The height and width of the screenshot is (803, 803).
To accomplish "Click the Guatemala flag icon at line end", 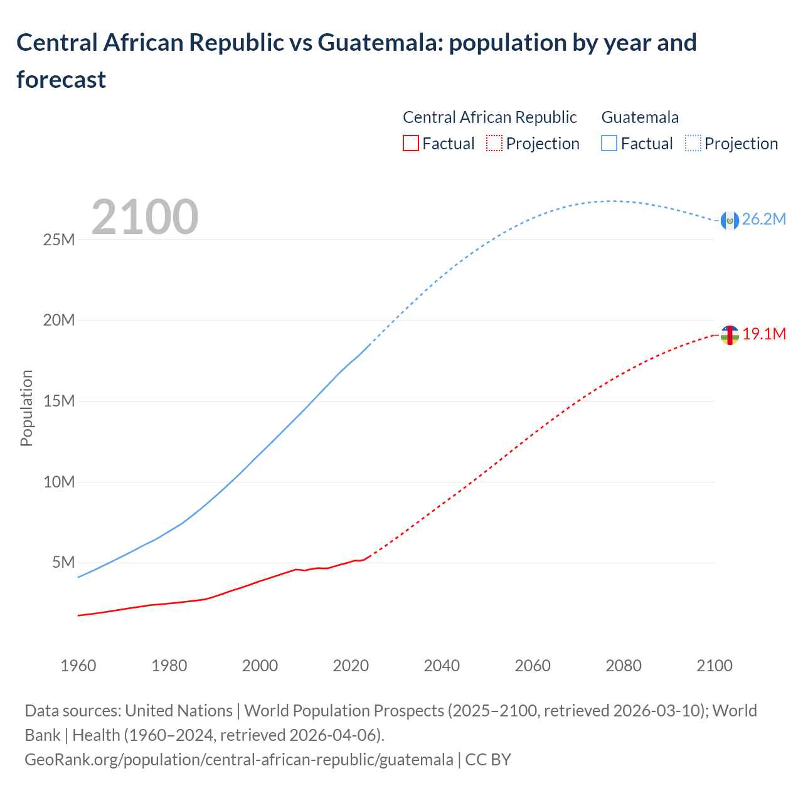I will click(x=730, y=220).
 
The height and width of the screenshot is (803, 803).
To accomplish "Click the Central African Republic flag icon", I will click(x=730, y=336).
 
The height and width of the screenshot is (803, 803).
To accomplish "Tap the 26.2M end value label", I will click(x=763, y=219).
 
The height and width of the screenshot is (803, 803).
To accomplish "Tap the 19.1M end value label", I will click(x=764, y=334).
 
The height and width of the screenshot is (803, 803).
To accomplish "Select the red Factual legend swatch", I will click(x=410, y=144).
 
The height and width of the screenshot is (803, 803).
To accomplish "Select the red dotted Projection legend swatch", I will click(x=494, y=144).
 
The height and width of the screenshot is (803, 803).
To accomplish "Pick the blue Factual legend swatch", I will click(x=609, y=144).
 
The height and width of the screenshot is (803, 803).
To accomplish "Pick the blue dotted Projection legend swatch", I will click(x=693, y=144).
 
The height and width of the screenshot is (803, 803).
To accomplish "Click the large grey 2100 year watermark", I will click(x=145, y=217).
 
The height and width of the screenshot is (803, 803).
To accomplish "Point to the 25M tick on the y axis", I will click(x=59, y=240).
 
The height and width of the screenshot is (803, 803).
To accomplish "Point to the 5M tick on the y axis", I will click(x=63, y=562).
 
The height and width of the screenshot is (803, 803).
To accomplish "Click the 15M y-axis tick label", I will click(x=59, y=401).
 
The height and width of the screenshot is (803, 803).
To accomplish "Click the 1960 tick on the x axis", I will click(x=78, y=666).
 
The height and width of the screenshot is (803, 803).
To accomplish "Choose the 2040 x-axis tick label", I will click(x=442, y=666).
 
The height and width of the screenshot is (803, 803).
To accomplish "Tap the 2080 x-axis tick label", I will click(x=624, y=666).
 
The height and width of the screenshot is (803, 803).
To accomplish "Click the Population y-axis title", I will click(x=26, y=408).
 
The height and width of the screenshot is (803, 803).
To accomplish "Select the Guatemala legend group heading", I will click(x=640, y=117).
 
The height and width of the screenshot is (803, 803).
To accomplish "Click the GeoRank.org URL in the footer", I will click(x=238, y=760).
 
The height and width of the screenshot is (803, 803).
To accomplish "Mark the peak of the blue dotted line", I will click(x=612, y=201).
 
